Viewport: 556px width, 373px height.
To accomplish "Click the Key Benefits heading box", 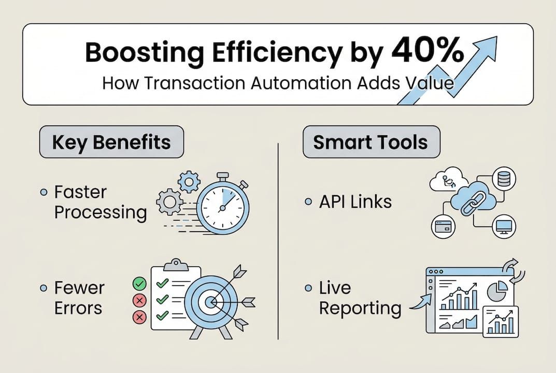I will [111, 142].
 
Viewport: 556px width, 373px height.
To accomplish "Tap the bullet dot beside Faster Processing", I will [45, 193].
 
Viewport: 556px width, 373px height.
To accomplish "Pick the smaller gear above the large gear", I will [189, 181].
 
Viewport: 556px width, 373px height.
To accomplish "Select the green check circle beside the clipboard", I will [139, 283].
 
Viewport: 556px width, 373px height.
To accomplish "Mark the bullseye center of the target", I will [210, 301].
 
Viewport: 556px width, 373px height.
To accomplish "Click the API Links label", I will [355, 202].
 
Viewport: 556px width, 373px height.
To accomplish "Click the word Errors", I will [78, 308].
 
